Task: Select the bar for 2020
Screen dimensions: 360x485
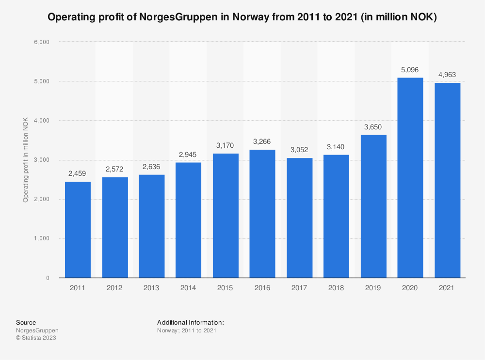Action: (x=410, y=178)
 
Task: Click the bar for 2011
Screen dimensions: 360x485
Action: (x=78, y=230)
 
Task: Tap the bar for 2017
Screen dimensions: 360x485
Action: (x=299, y=218)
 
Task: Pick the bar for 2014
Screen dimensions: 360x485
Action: (x=188, y=220)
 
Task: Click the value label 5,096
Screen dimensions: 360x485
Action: (x=410, y=70)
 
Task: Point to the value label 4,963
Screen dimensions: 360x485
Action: (x=447, y=75)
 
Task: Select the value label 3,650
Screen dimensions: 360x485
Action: (x=373, y=127)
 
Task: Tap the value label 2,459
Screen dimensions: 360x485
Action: (x=78, y=173)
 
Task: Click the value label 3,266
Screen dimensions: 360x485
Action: (x=262, y=142)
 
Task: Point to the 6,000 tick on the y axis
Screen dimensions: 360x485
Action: (x=41, y=42)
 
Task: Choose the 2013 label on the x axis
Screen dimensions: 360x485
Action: (x=151, y=288)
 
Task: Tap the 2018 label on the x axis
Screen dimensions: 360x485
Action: (x=336, y=288)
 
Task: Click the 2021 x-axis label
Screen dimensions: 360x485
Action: (x=447, y=288)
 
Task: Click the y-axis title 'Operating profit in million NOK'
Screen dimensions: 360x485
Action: (x=25, y=159)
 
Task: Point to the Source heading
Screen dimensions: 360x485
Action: (x=26, y=322)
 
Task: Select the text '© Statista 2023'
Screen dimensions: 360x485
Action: (x=36, y=338)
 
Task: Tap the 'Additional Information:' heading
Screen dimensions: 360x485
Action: (x=190, y=322)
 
